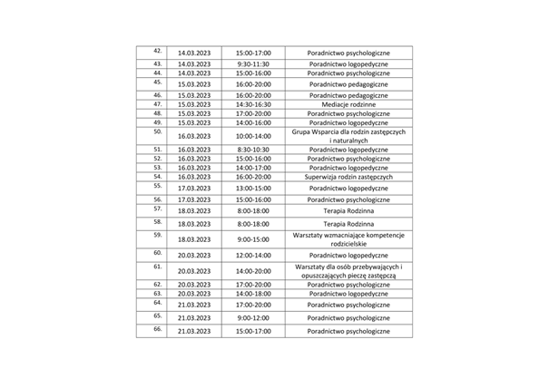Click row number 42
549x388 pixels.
coord(158,51)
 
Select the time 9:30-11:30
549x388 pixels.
coord(251,64)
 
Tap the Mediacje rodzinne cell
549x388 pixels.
coord(348,104)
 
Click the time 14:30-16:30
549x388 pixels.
coord(251,104)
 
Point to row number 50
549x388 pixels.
coord(158,131)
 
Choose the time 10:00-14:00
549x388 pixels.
coord(251,135)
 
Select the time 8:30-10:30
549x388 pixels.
coord(251,149)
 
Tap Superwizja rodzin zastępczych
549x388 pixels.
coord(348,177)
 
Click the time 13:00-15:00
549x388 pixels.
coord(251,189)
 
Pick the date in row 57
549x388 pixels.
coord(194,210)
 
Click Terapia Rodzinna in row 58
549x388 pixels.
coord(348,223)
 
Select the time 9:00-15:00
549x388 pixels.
coord(251,239)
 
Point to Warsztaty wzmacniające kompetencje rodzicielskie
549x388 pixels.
coord(348,239)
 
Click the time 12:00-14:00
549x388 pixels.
coord(251,256)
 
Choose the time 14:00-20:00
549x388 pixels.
coord(251,270)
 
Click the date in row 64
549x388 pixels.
coord(194,306)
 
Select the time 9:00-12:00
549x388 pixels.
coord(251,318)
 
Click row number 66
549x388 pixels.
coord(158,328)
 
